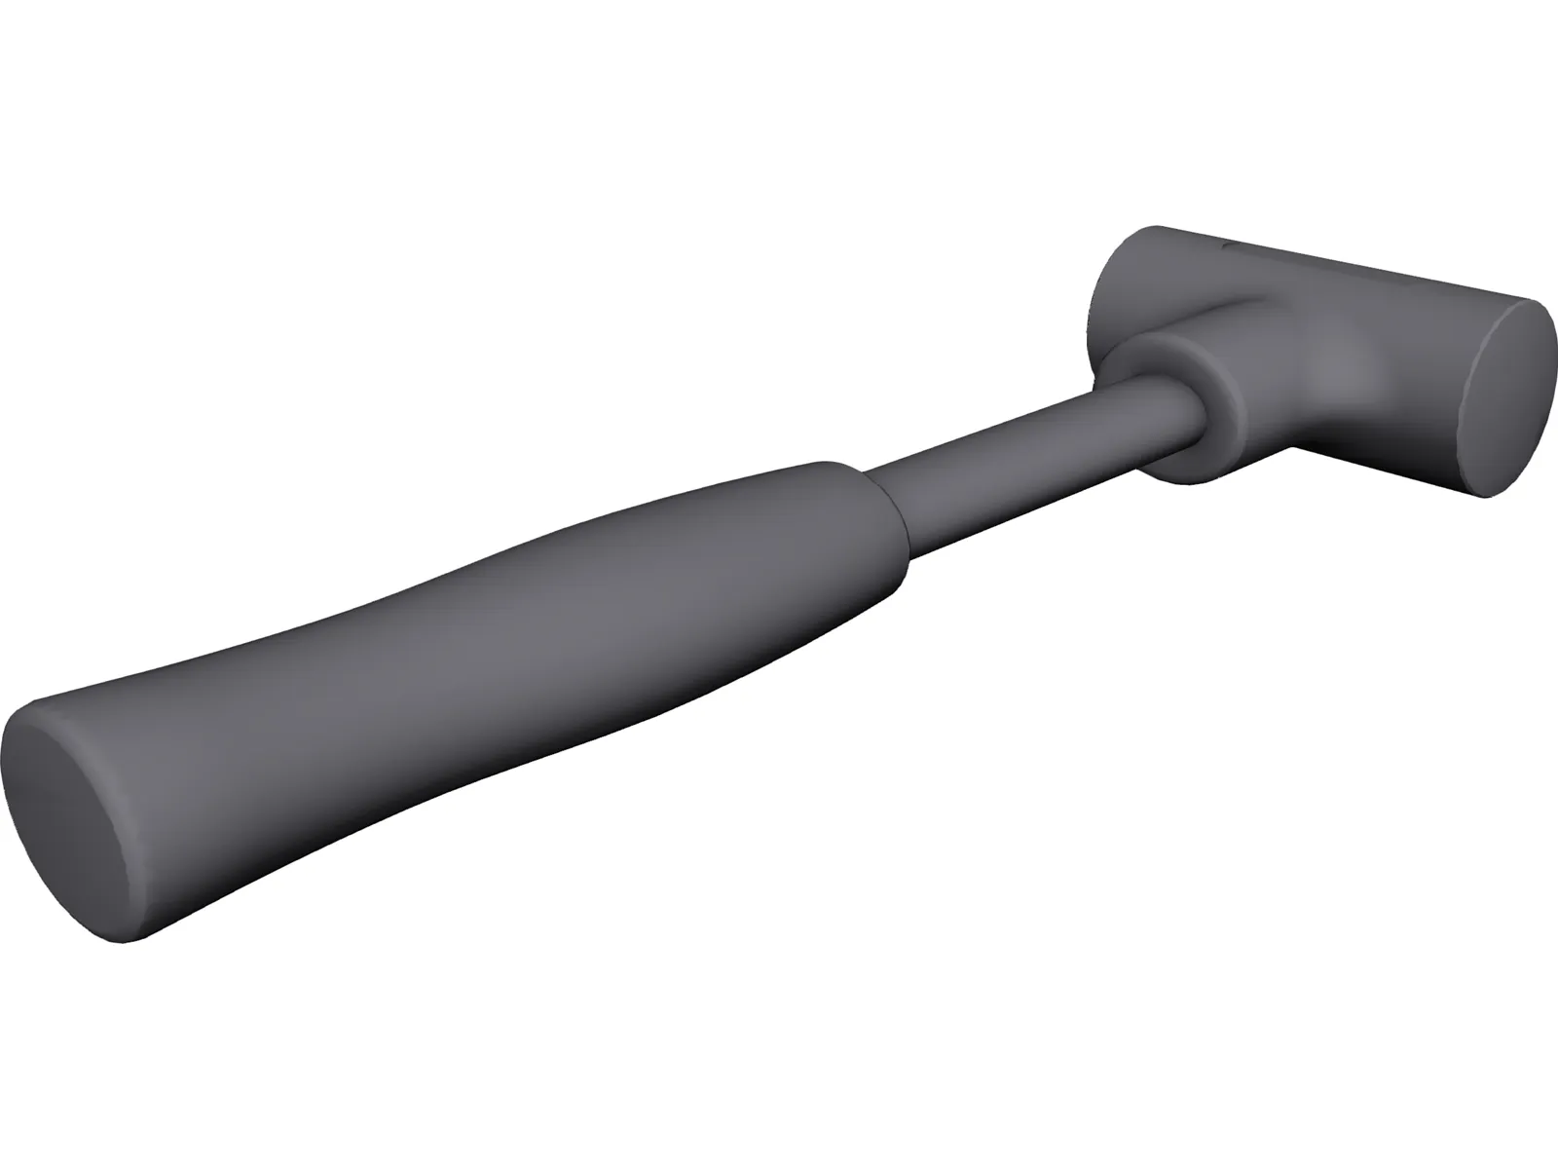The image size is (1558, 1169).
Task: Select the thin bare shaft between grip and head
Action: (x=1022, y=458)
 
